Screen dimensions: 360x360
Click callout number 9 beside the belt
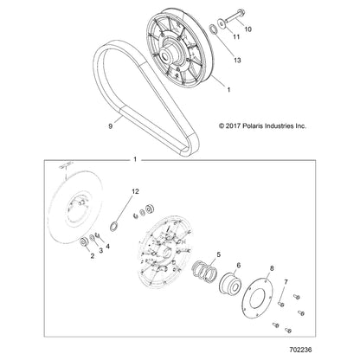point(111,126)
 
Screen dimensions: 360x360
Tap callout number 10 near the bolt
point(248,29)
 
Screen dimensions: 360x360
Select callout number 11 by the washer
point(236,37)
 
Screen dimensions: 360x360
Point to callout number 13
point(237,61)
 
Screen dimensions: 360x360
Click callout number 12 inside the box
point(135,191)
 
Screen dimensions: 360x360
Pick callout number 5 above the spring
point(218,254)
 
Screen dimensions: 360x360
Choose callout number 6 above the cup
point(238,265)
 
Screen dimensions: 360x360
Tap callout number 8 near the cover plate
point(272,269)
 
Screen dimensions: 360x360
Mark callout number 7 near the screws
point(286,282)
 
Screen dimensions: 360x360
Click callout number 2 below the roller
point(93,255)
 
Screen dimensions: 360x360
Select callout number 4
point(107,247)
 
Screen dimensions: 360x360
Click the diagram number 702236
point(300,350)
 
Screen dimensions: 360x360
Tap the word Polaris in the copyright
point(253,126)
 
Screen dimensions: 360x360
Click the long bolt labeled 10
point(235,16)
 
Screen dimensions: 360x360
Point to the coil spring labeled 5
point(205,271)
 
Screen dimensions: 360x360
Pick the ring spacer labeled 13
point(212,29)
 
